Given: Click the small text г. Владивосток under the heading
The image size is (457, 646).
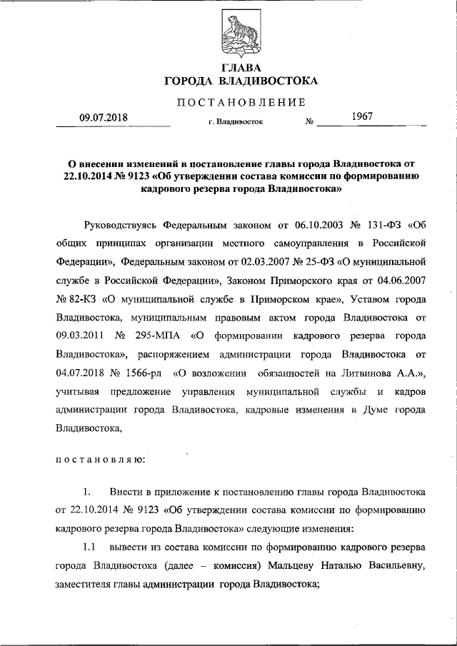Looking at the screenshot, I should (236, 122).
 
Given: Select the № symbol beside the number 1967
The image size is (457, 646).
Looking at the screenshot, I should (310, 122).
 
